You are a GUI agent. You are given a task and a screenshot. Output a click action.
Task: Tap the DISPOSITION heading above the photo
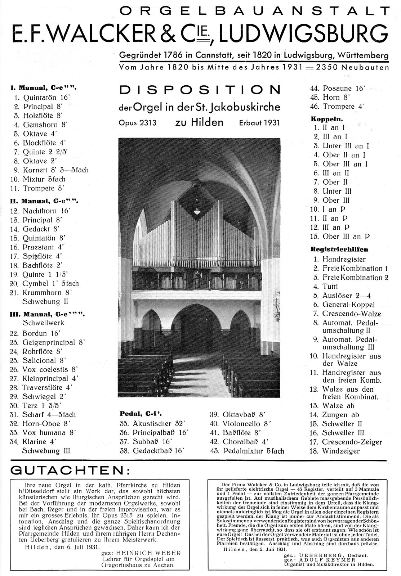pyautogui.click(x=200, y=90)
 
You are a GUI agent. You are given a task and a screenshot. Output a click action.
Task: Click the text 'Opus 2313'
pyautogui.click(x=138, y=123)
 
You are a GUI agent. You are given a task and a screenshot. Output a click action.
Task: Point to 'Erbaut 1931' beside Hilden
pyautogui.click(x=259, y=123)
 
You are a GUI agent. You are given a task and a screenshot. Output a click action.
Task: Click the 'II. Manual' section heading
pyautogui.click(x=44, y=201)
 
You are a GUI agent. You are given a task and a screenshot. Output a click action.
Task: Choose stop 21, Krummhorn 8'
pyautogui.click(x=47, y=292)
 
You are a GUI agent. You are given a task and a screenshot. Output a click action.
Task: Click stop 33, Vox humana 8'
pyautogui.click(x=49, y=433)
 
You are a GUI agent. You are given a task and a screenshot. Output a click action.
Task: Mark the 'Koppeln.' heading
pyautogui.click(x=326, y=118)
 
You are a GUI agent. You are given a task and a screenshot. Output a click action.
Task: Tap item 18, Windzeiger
pyautogui.click(x=340, y=451)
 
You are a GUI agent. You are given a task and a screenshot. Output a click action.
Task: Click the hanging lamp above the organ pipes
pyautogui.click(x=197, y=211)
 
